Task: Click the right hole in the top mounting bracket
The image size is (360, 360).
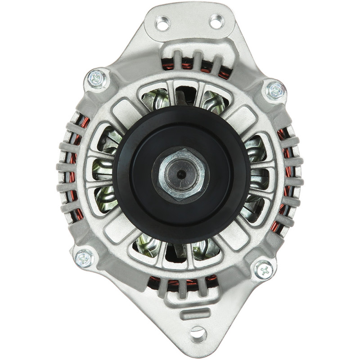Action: coord(216,21)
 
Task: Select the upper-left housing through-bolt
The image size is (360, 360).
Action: coord(98,80)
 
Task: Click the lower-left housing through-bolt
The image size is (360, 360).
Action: coord(84,258)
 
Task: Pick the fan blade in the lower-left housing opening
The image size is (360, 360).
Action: coord(148,245)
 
